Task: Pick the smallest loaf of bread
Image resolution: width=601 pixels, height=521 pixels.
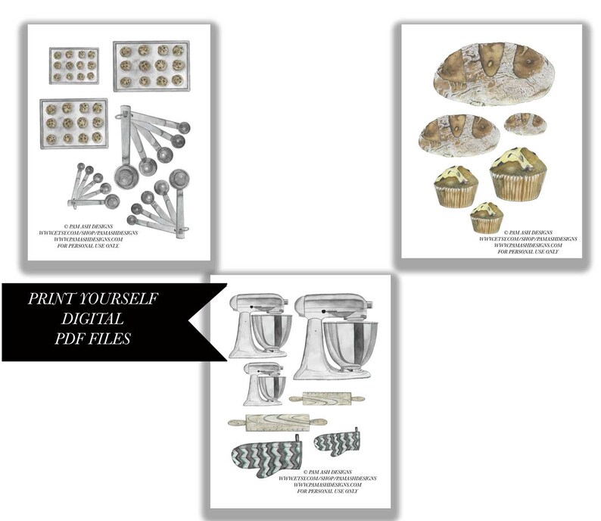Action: (525, 123)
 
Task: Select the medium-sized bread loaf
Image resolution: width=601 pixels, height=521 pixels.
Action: (457, 134)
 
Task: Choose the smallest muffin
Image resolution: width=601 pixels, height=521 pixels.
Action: (486, 217)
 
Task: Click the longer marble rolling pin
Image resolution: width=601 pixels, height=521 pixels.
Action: (277, 423)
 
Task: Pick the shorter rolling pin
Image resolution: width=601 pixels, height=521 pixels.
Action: (326, 398)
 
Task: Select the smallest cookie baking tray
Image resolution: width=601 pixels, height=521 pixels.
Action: (74, 65)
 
